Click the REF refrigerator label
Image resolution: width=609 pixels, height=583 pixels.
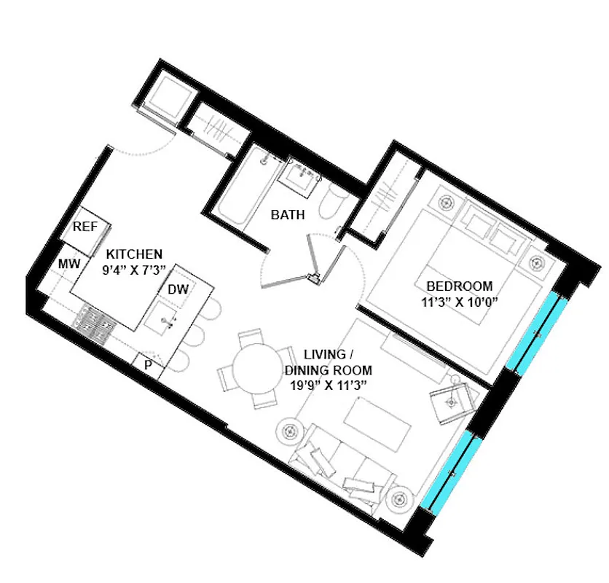click(x=85, y=227)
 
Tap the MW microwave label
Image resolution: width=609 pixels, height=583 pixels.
click(x=69, y=263)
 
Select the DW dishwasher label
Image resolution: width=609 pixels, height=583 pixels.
click(x=178, y=289)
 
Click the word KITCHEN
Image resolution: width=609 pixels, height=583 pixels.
click(x=134, y=254)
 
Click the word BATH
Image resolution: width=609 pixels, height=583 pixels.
click(x=288, y=215)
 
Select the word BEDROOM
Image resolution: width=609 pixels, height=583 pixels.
click(x=459, y=286)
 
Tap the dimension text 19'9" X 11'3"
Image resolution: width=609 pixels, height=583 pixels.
click(x=324, y=386)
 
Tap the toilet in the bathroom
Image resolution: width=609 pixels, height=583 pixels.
click(x=334, y=200)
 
